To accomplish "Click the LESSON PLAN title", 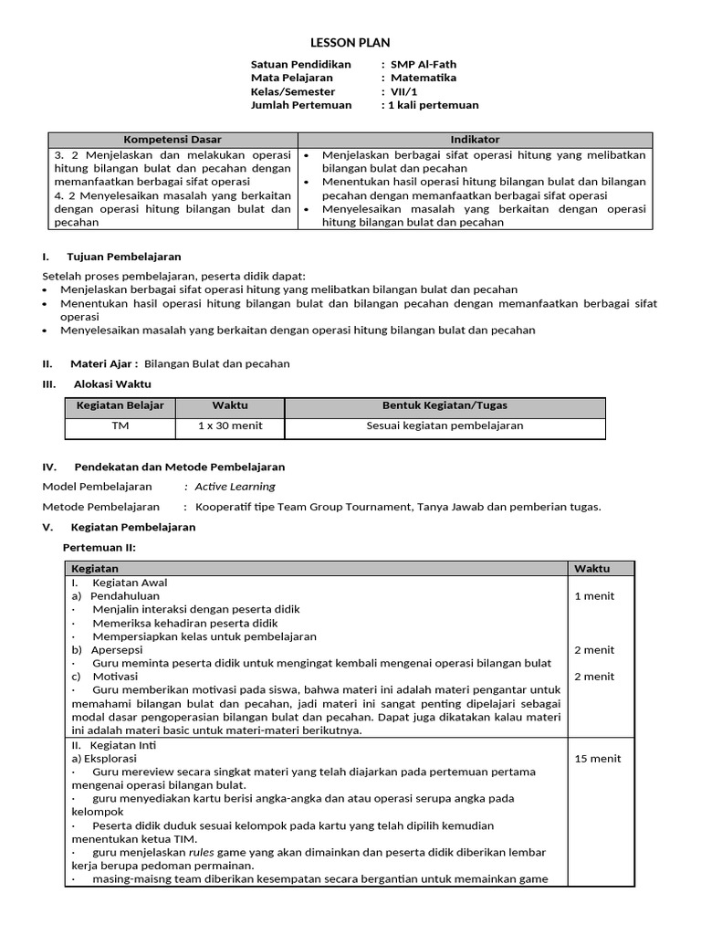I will coord(350,43).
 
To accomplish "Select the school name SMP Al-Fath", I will coord(424,65).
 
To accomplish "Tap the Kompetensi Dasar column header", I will coord(173,140).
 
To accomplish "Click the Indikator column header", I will coord(475,140).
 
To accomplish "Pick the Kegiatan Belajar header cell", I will coord(120,405).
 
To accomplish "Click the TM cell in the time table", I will coord(120,425).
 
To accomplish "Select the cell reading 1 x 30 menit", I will coord(229,425).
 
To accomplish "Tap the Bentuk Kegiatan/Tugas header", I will coord(445,405).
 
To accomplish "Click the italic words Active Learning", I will coord(235,487).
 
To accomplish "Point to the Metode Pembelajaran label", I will coord(101,507).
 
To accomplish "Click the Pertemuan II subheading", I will coord(99,547).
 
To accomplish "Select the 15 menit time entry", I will coord(598,759).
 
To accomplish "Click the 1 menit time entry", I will coord(594,596).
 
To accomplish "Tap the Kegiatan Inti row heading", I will coord(120,745).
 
